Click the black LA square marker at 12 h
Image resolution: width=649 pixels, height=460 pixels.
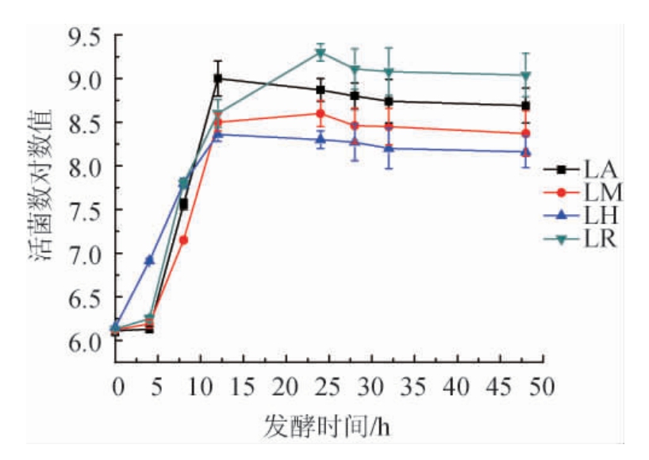[x=217, y=79]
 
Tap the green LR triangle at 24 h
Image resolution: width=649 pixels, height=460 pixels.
[x=320, y=54]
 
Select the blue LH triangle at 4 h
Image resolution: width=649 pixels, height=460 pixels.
[x=149, y=260]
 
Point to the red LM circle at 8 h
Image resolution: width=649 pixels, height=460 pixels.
[x=183, y=240]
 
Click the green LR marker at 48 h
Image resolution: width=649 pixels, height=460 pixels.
[x=525, y=76]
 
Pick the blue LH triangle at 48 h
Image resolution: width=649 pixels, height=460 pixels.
[x=525, y=151]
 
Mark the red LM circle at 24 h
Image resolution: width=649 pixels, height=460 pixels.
[x=320, y=113]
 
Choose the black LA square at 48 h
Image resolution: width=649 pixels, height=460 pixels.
[x=525, y=105]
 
